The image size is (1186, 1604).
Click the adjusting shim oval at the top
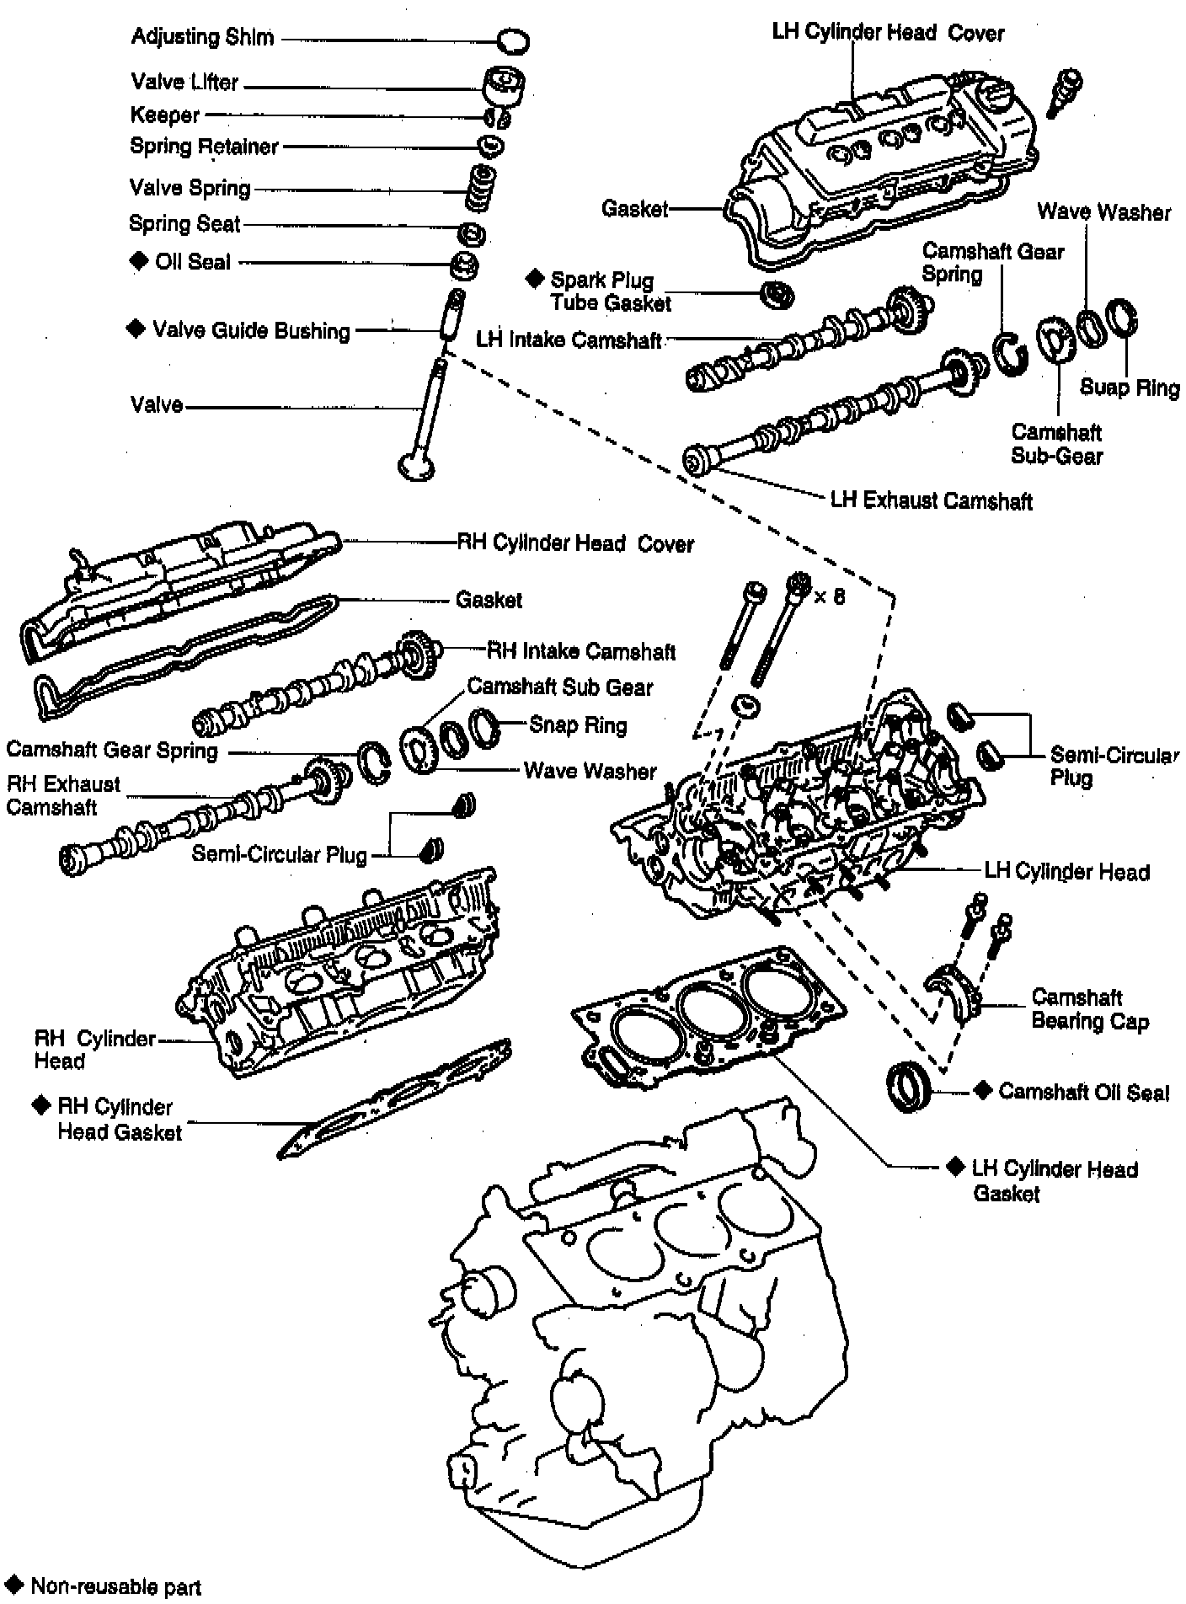click(x=512, y=40)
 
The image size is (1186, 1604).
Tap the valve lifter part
click(x=504, y=85)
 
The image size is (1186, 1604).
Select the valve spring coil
click(x=483, y=188)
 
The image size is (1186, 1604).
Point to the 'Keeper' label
click(x=165, y=115)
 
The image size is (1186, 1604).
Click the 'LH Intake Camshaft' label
click(x=569, y=340)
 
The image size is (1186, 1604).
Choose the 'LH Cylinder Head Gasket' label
click(x=1054, y=1180)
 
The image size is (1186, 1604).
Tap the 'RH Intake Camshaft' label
click(x=582, y=651)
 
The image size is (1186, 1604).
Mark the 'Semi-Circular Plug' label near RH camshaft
click(x=280, y=854)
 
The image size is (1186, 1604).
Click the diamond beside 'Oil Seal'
click(x=138, y=261)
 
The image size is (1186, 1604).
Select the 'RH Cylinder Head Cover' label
click(x=574, y=543)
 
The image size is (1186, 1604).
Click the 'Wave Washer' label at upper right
click(x=1103, y=211)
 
